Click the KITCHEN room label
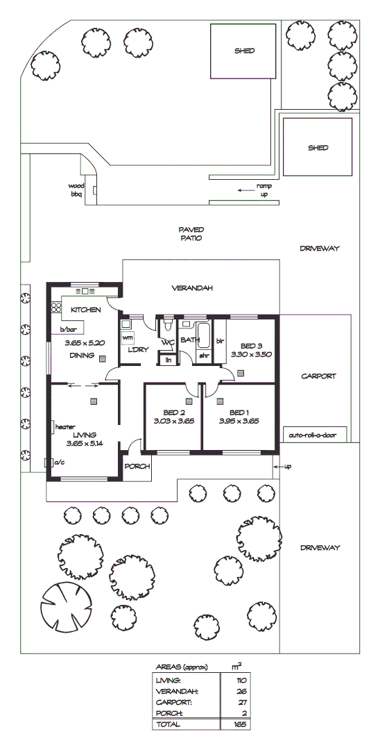[85, 310]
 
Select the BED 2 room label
[173, 410]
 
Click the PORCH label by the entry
[138, 467]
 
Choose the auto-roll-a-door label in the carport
[312, 436]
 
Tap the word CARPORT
[318, 376]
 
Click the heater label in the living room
[65, 426]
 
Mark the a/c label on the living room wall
[58, 461]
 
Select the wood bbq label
[75, 190]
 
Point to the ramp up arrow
[244, 190]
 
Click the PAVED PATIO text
[190, 233]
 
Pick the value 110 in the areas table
[241, 681]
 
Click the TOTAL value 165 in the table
[240, 724]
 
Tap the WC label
[168, 342]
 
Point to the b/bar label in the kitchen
[67, 329]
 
